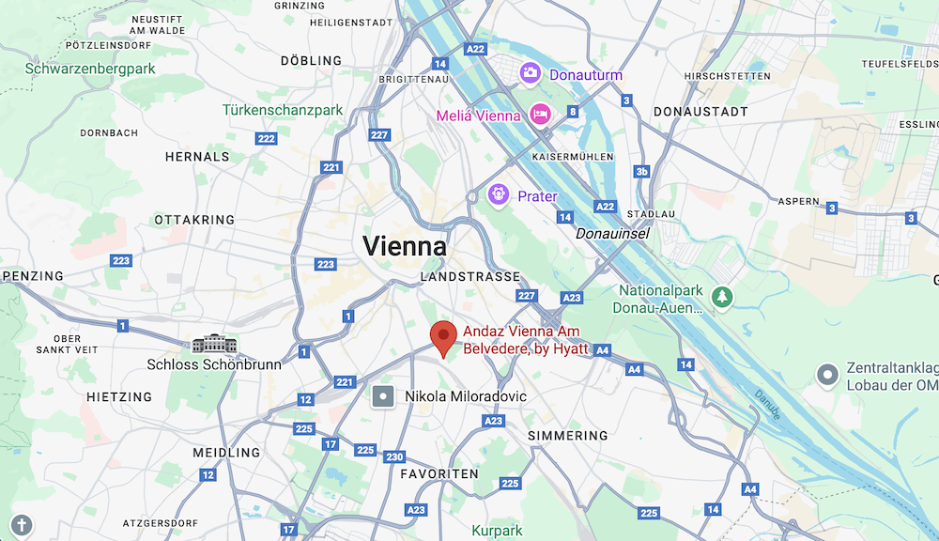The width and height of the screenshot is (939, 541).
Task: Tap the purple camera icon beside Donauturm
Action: (531, 71)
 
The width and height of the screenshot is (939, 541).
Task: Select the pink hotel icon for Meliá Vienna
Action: (540, 115)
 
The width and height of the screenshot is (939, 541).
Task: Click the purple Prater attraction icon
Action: (499, 194)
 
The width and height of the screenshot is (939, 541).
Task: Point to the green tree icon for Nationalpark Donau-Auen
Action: (721, 297)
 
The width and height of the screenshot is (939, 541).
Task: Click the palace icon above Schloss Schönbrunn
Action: (214, 344)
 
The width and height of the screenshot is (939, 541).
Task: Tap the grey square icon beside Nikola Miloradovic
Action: (383, 396)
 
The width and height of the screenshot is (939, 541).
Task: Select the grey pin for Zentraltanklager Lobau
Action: (827, 376)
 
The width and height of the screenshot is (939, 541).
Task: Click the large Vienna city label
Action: (405, 246)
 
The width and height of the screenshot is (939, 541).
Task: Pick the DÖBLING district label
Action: (311, 61)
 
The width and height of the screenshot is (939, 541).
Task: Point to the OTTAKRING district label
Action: (194, 220)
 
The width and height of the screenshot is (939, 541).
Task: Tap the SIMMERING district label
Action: (567, 436)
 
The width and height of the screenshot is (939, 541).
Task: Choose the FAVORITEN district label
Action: (439, 474)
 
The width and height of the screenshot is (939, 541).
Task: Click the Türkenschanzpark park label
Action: (283, 110)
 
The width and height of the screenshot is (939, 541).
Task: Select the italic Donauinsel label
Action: (612, 233)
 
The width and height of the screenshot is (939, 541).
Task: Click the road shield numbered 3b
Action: (641, 172)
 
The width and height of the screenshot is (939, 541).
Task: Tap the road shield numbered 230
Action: (394, 456)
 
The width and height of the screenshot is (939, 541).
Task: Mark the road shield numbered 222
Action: (267, 138)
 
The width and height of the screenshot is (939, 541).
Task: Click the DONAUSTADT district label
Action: (701, 112)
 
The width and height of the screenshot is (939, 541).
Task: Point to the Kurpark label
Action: (496, 531)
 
